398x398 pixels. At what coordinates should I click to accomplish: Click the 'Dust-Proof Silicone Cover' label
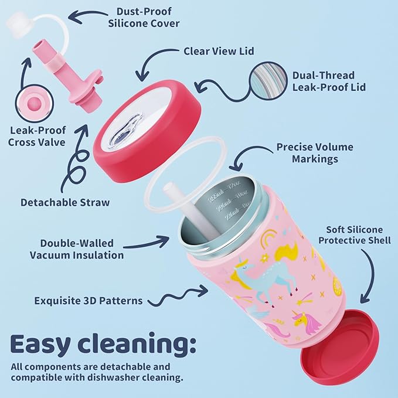pyautogui.click(x=144, y=17)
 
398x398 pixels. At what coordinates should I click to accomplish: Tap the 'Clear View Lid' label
pyautogui.click(x=219, y=51)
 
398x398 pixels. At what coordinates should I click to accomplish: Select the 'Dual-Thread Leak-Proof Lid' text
pyautogui.click(x=329, y=81)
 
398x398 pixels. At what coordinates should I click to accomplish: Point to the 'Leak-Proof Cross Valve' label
pyautogui.click(x=37, y=136)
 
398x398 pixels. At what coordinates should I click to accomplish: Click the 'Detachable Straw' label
pyautogui.click(x=65, y=202)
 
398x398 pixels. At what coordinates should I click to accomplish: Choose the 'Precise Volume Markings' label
pyautogui.click(x=315, y=153)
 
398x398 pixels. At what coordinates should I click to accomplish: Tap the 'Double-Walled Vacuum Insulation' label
pyautogui.click(x=77, y=249)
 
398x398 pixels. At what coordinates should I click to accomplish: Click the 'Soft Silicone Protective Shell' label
pyautogui.click(x=355, y=235)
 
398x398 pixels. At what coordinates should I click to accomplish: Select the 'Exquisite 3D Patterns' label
pyautogui.click(x=89, y=301)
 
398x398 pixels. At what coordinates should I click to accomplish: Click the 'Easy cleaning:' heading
pyautogui.click(x=103, y=344)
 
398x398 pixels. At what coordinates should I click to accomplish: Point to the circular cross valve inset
pyautogui.click(x=35, y=104)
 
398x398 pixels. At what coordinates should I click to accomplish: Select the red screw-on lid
pyautogui.click(x=147, y=131)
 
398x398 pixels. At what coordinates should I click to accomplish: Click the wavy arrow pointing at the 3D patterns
pyautogui.click(x=178, y=295)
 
